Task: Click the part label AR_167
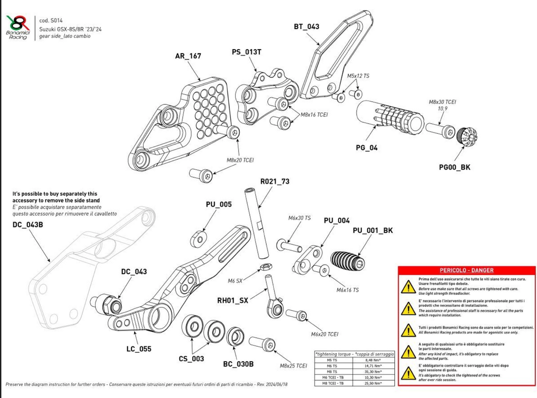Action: [188, 56]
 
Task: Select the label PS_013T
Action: [247, 52]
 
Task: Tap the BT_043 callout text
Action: [307, 27]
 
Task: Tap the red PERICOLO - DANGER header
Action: [466, 270]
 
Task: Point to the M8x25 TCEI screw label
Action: [293, 366]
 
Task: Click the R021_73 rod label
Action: [275, 181]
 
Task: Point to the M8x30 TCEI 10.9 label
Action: [443, 105]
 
